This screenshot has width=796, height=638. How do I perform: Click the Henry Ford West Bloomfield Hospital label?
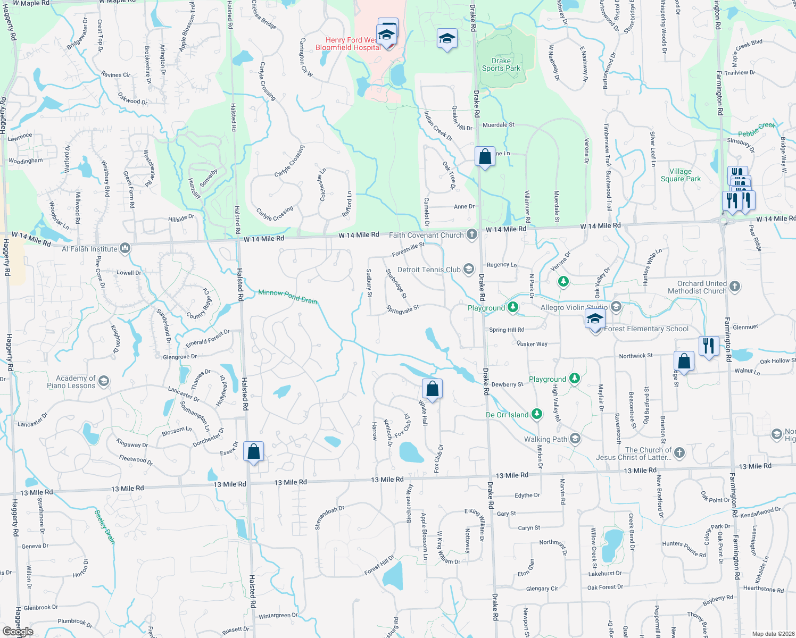coord(348,44)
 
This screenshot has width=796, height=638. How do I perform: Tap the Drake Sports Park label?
coord(501,64)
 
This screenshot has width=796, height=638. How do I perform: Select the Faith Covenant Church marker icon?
coord(471,234)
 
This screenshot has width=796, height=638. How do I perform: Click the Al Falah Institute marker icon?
coord(125,248)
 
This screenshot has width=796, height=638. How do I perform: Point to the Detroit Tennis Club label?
coord(429,270)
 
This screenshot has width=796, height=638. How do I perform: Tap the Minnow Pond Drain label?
coord(287,296)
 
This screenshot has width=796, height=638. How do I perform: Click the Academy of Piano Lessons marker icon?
coord(104,381)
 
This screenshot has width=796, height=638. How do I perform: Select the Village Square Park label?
coord(681,175)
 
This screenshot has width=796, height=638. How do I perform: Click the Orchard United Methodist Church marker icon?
coord(734,287)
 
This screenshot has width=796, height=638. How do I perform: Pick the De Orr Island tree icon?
coord(537,414)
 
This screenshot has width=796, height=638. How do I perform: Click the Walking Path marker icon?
coord(575,439)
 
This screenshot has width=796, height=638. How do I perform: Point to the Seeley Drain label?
coord(104,526)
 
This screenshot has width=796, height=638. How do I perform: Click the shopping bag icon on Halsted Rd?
coord(254,451)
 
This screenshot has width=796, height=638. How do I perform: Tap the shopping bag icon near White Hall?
coord(433,389)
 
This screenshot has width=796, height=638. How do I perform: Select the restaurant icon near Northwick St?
coord(708,346)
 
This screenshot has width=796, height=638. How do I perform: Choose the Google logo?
coord(18,631)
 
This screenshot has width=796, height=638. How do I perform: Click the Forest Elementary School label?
coord(646,329)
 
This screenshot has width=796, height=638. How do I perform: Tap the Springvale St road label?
coord(403,309)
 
